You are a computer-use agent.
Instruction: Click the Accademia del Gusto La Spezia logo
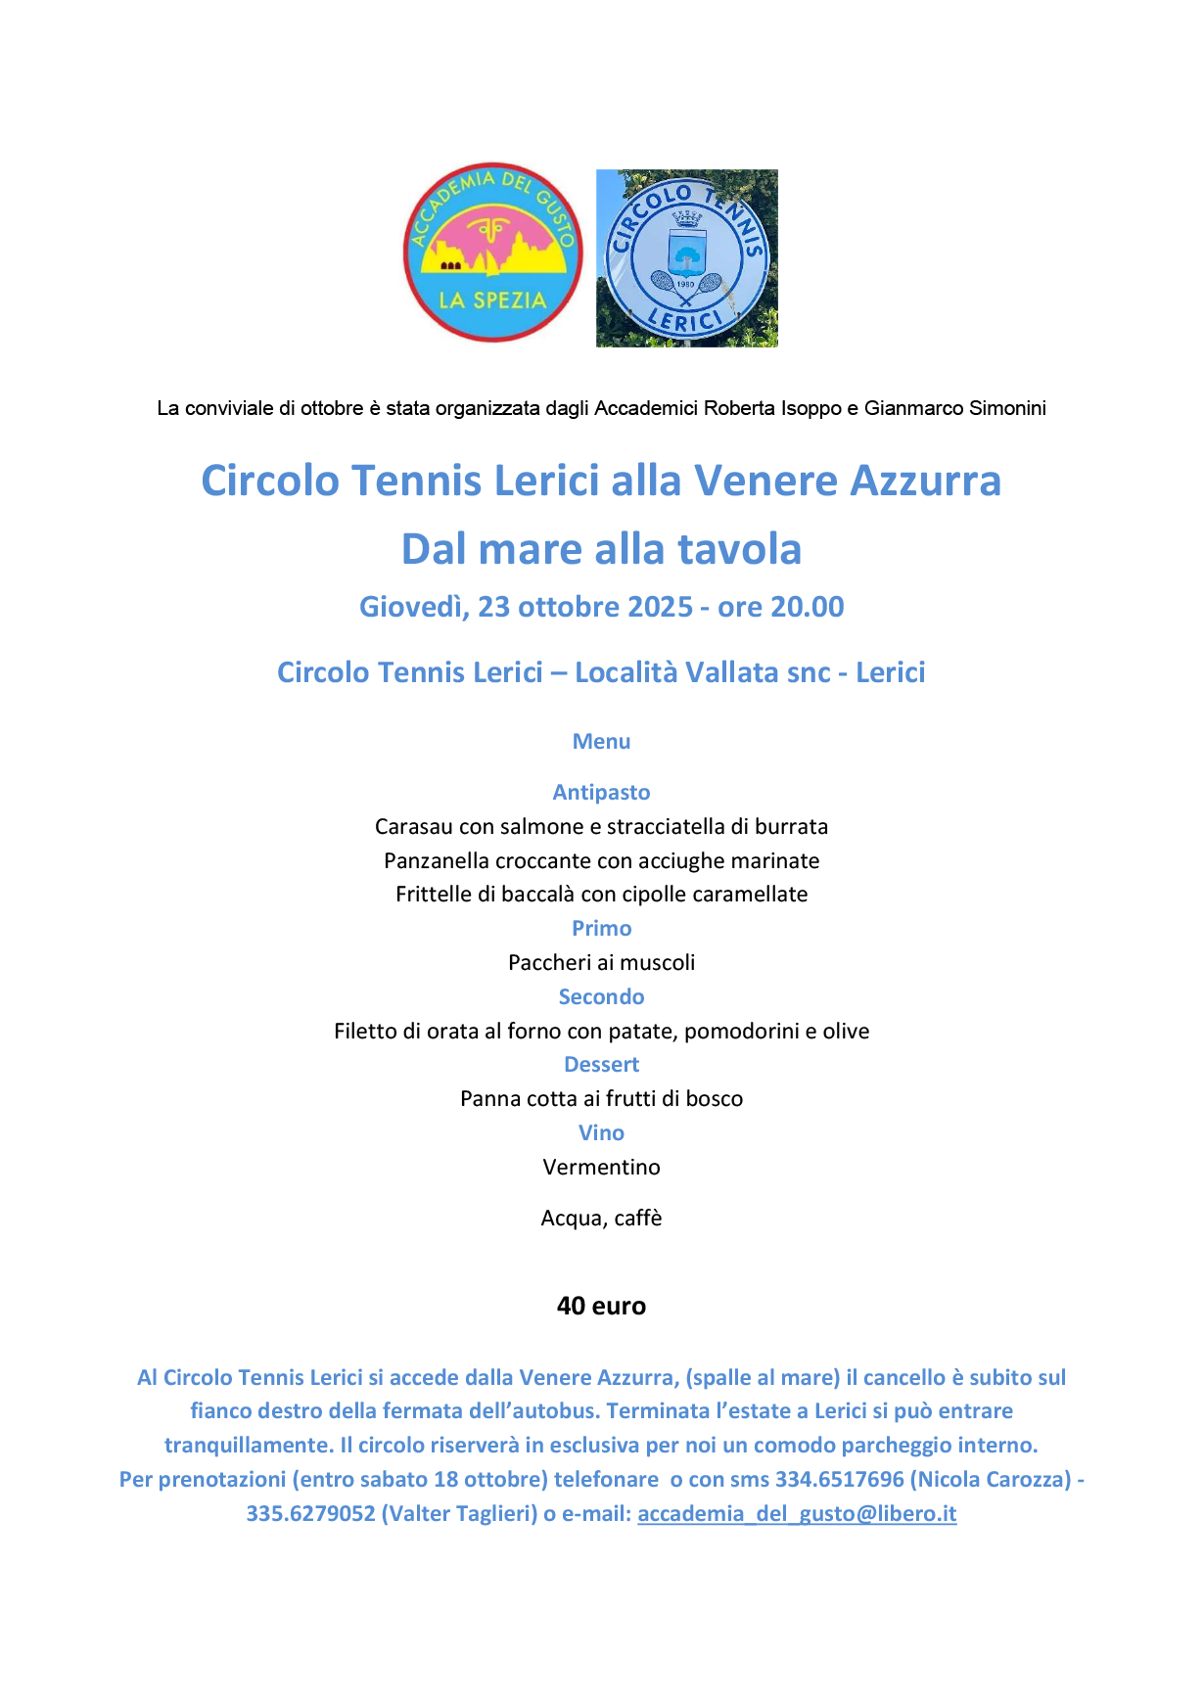(x=492, y=253)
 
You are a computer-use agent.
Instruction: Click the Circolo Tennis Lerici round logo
(x=686, y=258)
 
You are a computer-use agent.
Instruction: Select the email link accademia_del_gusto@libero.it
(x=797, y=1513)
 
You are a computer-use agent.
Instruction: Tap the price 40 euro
(x=601, y=1306)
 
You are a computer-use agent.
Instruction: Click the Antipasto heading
(x=601, y=792)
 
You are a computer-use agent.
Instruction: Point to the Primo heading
(x=601, y=928)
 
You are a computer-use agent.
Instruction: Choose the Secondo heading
(x=601, y=996)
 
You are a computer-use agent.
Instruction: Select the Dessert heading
(x=601, y=1064)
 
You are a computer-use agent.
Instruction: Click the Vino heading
(x=601, y=1132)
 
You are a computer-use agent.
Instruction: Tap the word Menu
(x=601, y=741)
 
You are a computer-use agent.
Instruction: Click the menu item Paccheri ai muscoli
(x=601, y=962)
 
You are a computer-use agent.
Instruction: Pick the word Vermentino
(x=601, y=1167)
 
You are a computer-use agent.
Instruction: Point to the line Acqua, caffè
(x=601, y=1218)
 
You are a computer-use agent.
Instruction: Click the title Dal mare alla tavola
(x=601, y=549)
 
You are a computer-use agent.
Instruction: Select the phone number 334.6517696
(x=839, y=1479)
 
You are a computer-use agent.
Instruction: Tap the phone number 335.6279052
(x=310, y=1513)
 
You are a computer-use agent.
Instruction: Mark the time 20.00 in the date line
(x=807, y=607)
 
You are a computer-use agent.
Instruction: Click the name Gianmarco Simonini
(x=954, y=408)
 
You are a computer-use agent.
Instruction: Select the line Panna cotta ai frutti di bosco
(x=601, y=1098)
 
